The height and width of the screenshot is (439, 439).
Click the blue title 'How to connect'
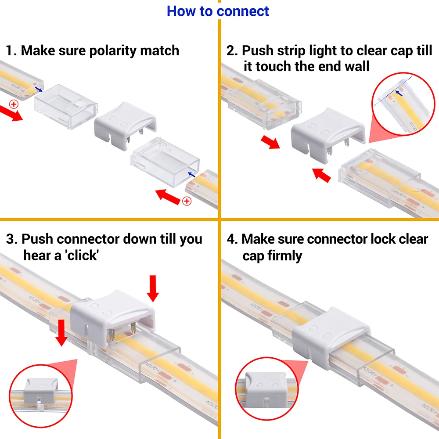[218, 11]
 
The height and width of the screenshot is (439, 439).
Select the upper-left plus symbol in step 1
[14, 104]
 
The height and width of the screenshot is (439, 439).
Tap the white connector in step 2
[327, 132]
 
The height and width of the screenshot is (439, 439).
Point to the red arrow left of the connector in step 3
[62, 332]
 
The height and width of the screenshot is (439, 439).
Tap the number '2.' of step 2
[232, 50]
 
